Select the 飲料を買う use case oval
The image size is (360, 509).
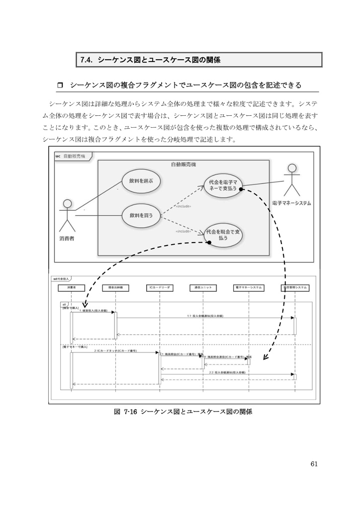tap(141, 215)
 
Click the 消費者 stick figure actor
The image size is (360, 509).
tap(67, 215)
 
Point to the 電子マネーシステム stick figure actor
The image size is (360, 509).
tap(292, 180)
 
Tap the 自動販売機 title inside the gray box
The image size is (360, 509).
tap(183, 165)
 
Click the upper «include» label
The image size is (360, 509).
tap(183, 206)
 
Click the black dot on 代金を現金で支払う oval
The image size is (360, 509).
tap(209, 242)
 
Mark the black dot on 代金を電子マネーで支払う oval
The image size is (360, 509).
tap(240, 189)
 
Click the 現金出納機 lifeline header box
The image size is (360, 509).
tap(115, 287)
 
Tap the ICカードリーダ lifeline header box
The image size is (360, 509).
tap(159, 287)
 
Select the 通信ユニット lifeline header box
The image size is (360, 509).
tap(203, 287)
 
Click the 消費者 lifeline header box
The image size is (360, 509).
tap(71, 287)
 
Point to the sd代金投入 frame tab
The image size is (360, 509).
tap(62, 279)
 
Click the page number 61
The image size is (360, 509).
tap(313, 464)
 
